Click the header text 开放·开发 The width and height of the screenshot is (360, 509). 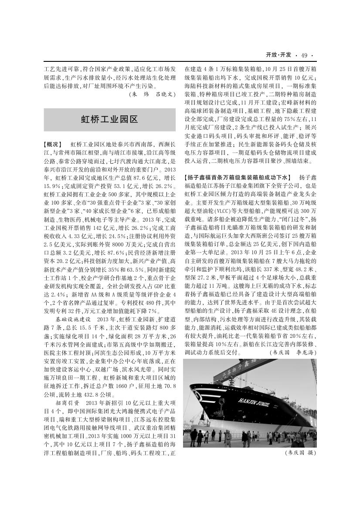tap(278, 55)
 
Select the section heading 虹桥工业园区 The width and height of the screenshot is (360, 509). tap(109, 119)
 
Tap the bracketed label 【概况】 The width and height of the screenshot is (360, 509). tap(54, 144)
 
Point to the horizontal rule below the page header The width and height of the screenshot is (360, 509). tap(180, 61)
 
